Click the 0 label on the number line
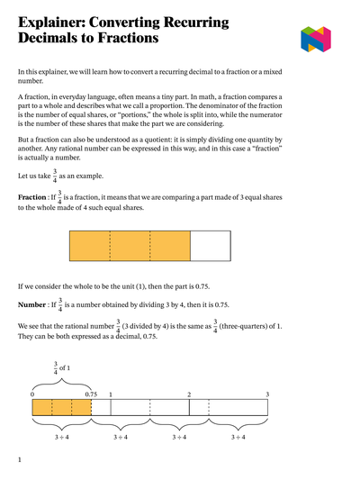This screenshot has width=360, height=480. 32,394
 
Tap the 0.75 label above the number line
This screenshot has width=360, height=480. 91,394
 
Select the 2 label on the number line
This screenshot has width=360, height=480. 189,394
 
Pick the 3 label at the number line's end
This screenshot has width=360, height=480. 267,394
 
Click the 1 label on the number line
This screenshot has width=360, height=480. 111,394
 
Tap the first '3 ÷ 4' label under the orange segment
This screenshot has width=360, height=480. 61,437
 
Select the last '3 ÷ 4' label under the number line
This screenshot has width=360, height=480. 238,437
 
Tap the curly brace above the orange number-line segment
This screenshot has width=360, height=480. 62,383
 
